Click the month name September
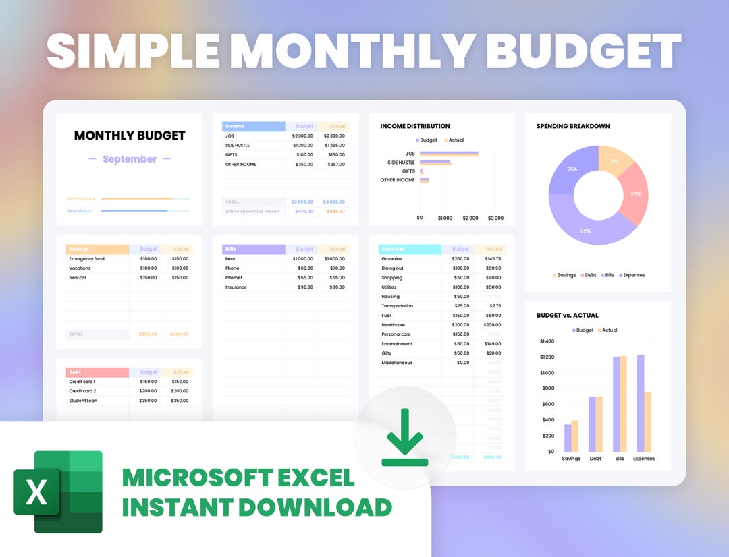click(x=130, y=159)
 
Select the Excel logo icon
click(x=58, y=492)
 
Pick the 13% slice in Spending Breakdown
click(x=614, y=162)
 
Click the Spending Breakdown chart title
click(x=573, y=126)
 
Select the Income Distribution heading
click(x=414, y=126)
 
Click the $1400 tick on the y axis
click(x=547, y=341)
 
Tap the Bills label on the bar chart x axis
click(x=619, y=459)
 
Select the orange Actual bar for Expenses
click(x=647, y=421)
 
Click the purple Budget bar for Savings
click(x=568, y=438)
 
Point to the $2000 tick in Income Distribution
click(x=470, y=218)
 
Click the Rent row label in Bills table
click(x=231, y=259)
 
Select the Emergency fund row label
click(x=86, y=259)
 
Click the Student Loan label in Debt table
click(x=83, y=401)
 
